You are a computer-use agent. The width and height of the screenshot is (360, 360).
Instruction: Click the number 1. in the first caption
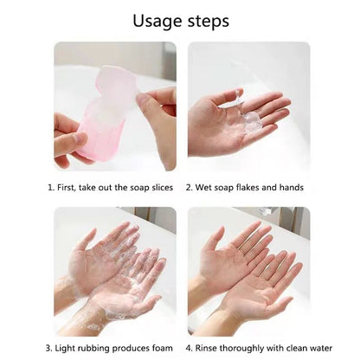tap(51, 187)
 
